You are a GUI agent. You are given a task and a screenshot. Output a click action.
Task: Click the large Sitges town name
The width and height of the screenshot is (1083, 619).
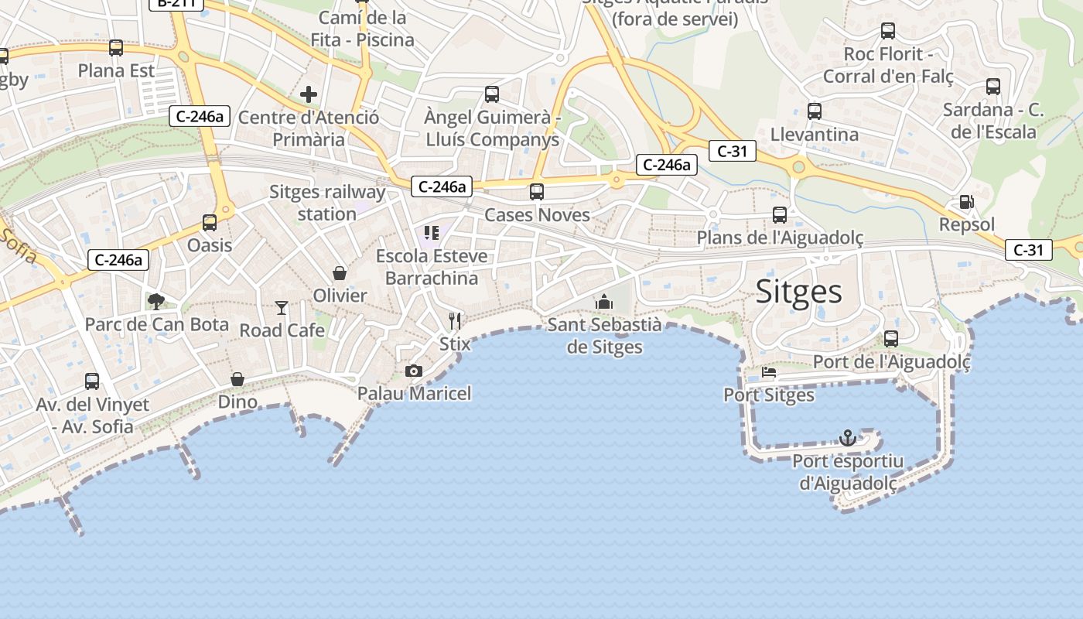[x=798, y=291]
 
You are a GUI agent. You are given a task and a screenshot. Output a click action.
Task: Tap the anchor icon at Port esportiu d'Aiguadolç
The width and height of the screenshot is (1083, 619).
[x=848, y=438]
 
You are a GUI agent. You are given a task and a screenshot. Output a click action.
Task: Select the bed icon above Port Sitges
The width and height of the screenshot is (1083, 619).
[x=769, y=372]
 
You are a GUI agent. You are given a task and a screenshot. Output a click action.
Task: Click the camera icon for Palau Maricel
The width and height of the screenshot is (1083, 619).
[x=414, y=371]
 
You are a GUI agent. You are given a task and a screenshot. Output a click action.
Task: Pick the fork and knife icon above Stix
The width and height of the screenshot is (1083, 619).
[x=455, y=320]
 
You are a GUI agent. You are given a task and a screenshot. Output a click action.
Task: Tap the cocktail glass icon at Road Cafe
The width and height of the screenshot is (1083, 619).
[x=282, y=308]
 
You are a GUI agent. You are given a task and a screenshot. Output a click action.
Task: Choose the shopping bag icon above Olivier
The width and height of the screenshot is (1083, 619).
[x=340, y=272]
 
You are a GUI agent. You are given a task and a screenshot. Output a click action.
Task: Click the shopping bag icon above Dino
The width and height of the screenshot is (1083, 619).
[x=237, y=379]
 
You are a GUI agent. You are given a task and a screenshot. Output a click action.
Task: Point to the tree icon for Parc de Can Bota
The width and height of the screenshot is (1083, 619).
[x=156, y=301]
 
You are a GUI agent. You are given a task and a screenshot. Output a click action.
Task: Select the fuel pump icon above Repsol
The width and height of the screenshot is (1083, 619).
[x=966, y=202]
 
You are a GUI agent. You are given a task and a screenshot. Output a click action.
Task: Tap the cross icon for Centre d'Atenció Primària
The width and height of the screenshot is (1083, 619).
[x=309, y=95]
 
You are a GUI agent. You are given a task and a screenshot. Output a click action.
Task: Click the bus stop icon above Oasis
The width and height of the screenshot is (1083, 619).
[x=210, y=223]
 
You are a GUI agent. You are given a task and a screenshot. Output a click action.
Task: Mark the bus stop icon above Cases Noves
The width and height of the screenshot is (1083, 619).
[x=537, y=192]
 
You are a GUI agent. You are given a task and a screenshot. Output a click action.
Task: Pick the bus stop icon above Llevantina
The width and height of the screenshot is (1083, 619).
[x=815, y=111]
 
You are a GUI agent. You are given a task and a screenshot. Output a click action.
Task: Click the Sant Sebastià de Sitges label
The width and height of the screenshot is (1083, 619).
[x=604, y=335]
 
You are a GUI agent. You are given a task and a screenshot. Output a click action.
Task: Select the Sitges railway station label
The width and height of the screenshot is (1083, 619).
[x=327, y=203]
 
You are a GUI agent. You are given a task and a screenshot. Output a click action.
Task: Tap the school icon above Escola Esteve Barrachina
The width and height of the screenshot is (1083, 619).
[x=432, y=233]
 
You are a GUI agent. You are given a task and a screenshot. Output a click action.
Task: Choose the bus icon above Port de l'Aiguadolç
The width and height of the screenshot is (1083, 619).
[x=891, y=339]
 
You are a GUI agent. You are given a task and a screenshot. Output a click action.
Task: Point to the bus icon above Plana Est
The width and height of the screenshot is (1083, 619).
[x=116, y=48]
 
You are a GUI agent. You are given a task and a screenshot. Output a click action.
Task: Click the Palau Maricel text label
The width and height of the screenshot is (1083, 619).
[x=414, y=393]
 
